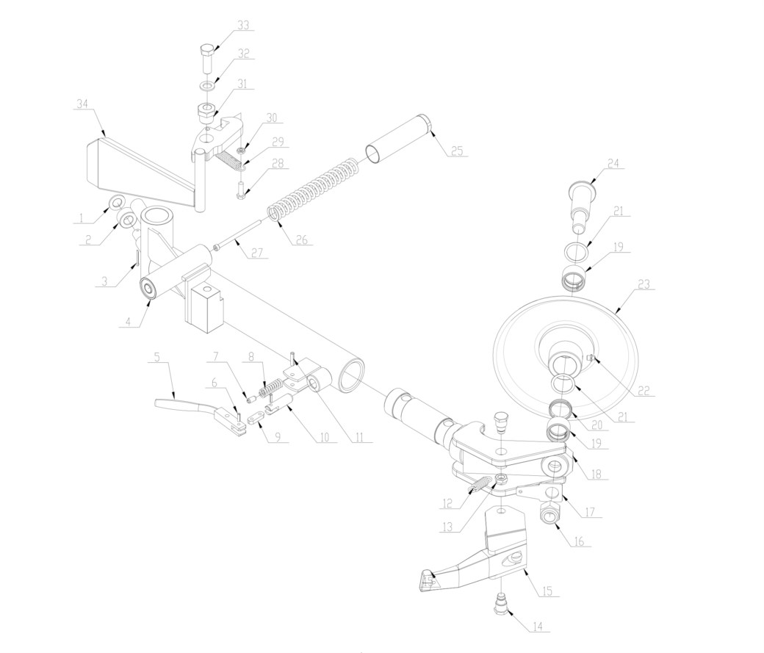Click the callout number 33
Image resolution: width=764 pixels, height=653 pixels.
pyautogui.click(x=243, y=25)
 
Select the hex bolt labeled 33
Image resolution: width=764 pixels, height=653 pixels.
pyautogui.click(x=207, y=57)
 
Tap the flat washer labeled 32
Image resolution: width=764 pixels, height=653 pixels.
pyautogui.click(x=208, y=86)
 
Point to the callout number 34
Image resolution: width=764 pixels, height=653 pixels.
pyautogui.click(x=83, y=104)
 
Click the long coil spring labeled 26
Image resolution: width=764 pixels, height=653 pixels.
pyautogui.click(x=314, y=187)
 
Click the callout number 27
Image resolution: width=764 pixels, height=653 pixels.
pyautogui.click(x=257, y=253)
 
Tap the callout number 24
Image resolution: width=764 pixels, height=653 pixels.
pyautogui.click(x=613, y=163)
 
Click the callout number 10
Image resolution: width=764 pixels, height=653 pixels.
pyautogui.click(x=325, y=437)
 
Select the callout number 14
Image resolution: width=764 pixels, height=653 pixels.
pyautogui.click(x=538, y=627)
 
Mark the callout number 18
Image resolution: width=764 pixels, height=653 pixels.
pyautogui.click(x=596, y=473)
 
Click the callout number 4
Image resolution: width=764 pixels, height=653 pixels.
pyautogui.click(x=128, y=322)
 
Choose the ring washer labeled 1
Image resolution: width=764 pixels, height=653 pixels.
pyautogui.click(x=117, y=201)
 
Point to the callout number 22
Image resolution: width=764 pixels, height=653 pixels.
pyautogui.click(x=644, y=391)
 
